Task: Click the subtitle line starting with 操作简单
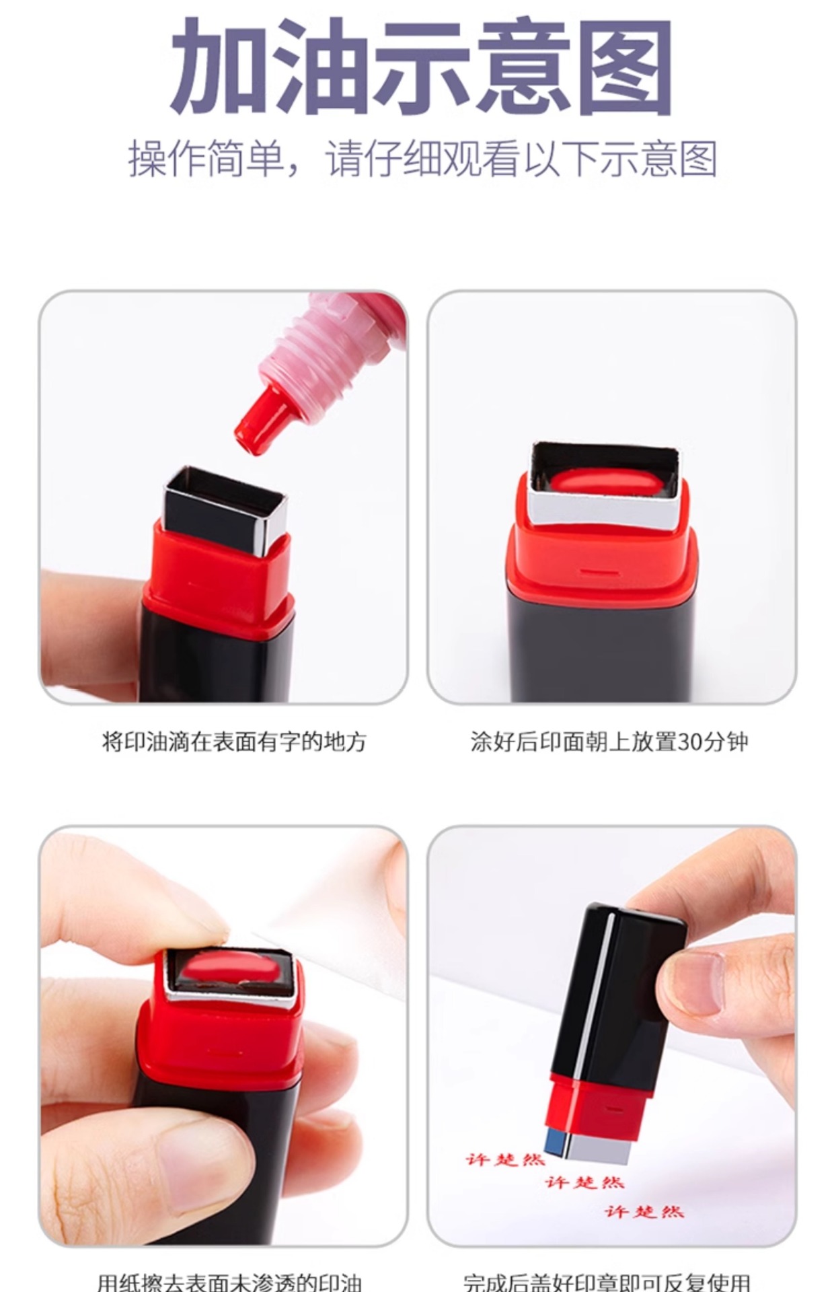[422, 159]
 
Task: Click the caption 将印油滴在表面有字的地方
[234, 742]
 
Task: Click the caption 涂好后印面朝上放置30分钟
[609, 742]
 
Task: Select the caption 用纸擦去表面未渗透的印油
[230, 1283]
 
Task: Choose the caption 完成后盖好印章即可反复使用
[607, 1283]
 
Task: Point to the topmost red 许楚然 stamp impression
[504, 1159]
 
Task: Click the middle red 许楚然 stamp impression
[584, 1182]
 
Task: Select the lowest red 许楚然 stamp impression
[644, 1212]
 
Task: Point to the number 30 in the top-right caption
[689, 742]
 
